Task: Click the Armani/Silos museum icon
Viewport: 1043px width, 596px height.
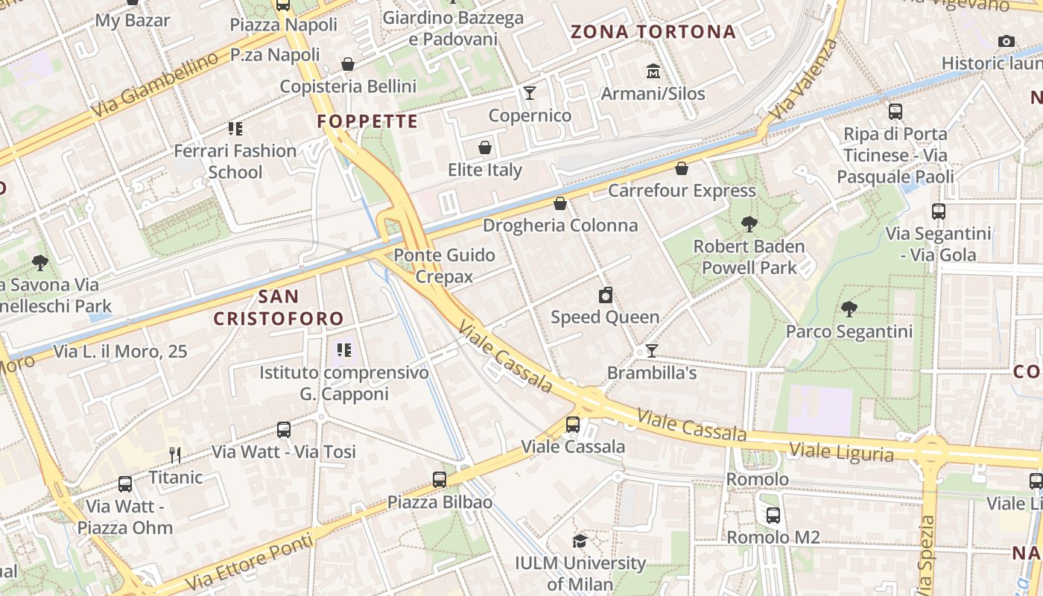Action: (653, 71)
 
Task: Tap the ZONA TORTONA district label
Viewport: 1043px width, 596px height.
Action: (653, 32)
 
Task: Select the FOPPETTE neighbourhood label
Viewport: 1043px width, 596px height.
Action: (367, 121)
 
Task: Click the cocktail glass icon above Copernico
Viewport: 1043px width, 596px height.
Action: (530, 92)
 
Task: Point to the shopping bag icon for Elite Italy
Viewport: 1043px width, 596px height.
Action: (485, 148)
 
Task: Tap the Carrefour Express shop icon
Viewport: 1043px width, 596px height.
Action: (681, 168)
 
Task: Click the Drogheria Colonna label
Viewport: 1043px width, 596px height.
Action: (560, 225)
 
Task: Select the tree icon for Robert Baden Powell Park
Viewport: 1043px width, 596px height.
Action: (749, 223)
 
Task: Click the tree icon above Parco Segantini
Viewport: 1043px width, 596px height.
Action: (849, 308)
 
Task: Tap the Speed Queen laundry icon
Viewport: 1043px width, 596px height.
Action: (606, 295)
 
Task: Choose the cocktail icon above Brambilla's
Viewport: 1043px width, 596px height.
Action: (652, 350)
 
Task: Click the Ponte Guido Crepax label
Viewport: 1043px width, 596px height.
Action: (444, 266)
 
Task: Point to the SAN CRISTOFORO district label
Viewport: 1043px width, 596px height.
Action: (279, 308)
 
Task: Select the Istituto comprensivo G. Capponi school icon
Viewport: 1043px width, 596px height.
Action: (343, 349)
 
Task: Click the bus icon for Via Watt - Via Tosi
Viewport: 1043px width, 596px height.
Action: (284, 429)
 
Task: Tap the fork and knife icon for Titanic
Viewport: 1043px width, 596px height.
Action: (175, 454)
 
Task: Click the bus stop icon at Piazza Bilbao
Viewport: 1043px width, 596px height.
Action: (440, 480)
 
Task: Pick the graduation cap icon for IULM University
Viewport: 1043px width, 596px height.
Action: (580, 541)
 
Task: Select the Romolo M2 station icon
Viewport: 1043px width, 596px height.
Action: (773, 515)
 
